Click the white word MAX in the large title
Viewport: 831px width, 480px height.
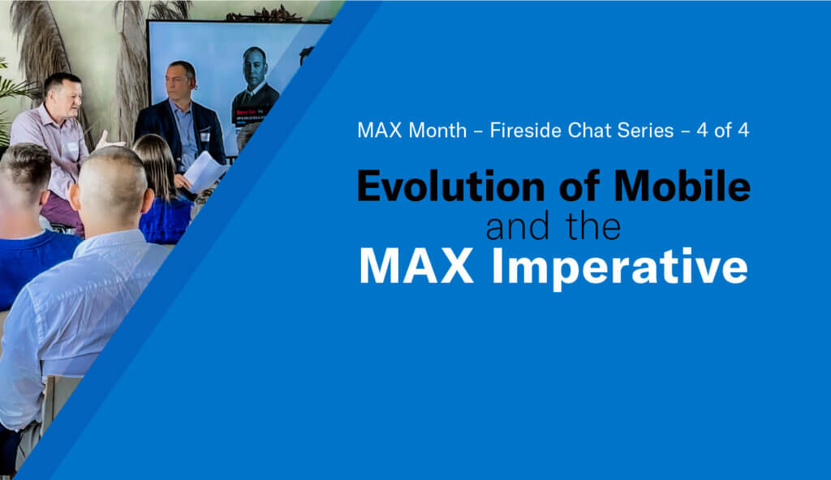[x=416, y=266]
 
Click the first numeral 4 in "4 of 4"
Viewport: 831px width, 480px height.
[x=702, y=131]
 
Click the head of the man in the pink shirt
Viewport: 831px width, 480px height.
[x=63, y=93]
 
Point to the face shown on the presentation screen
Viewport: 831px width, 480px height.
[x=255, y=67]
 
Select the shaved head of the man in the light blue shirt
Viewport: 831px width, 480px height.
[x=110, y=182]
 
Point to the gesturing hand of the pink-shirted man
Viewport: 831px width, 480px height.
[x=107, y=142]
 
